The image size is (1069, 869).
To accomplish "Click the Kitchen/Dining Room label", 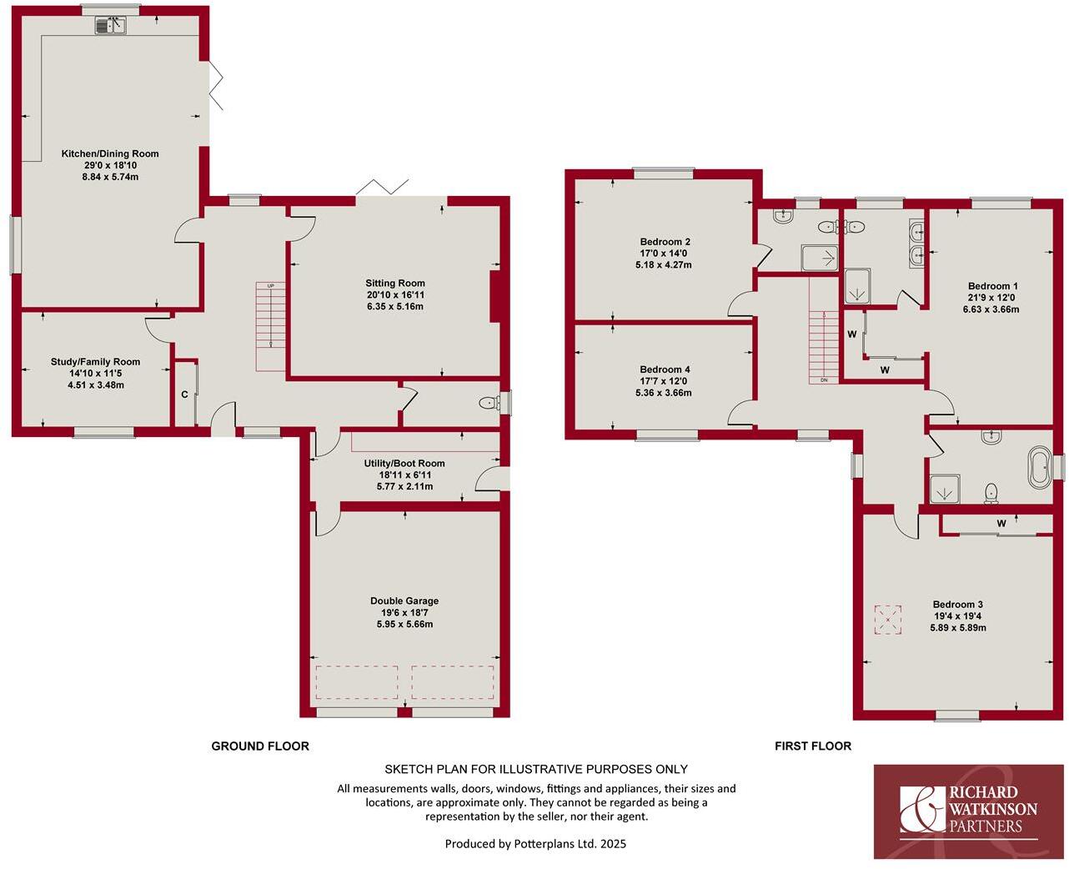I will pyautogui.click(x=110, y=153).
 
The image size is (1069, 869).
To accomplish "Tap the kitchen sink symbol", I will pyautogui.click(x=110, y=26).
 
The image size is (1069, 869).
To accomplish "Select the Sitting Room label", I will pyautogui.click(x=394, y=284).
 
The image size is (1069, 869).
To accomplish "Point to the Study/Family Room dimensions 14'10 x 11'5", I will pyautogui.click(x=95, y=374).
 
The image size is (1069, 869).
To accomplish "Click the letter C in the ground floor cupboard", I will pyautogui.click(x=184, y=394).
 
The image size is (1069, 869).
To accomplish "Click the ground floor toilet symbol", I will pyautogui.click(x=489, y=404).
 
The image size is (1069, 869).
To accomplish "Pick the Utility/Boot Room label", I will pyautogui.click(x=404, y=464).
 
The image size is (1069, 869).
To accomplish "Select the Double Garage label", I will pyautogui.click(x=404, y=600).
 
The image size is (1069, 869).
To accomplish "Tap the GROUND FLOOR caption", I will pyautogui.click(x=260, y=746).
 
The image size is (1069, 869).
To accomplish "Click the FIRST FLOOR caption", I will pyautogui.click(x=813, y=746).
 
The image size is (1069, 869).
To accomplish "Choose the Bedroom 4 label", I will pyautogui.click(x=665, y=369).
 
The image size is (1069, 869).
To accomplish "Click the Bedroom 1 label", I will pyautogui.click(x=992, y=286).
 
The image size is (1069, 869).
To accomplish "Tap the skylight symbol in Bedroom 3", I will pyautogui.click(x=887, y=619).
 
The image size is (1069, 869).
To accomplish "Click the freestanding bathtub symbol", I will pyautogui.click(x=1040, y=468).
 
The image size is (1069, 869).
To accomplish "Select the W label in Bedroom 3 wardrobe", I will pyautogui.click(x=1001, y=524).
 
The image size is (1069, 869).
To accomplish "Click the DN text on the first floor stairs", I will pyautogui.click(x=824, y=380).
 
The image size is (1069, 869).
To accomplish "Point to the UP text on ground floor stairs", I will pyautogui.click(x=270, y=286).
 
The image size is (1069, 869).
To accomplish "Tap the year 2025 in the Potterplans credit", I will pyautogui.click(x=612, y=844).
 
